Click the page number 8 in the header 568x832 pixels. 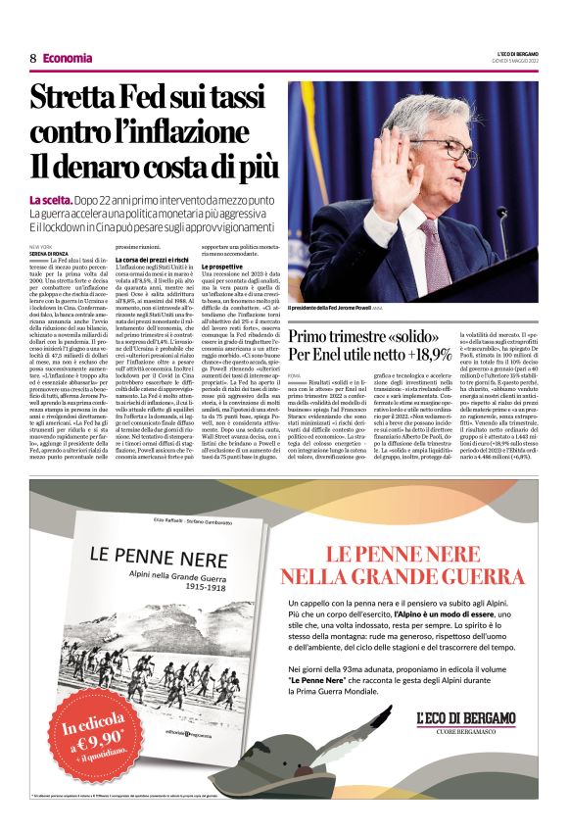(x=32, y=58)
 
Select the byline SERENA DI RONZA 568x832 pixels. (x=52, y=255)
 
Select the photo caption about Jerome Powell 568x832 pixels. (x=335, y=308)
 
